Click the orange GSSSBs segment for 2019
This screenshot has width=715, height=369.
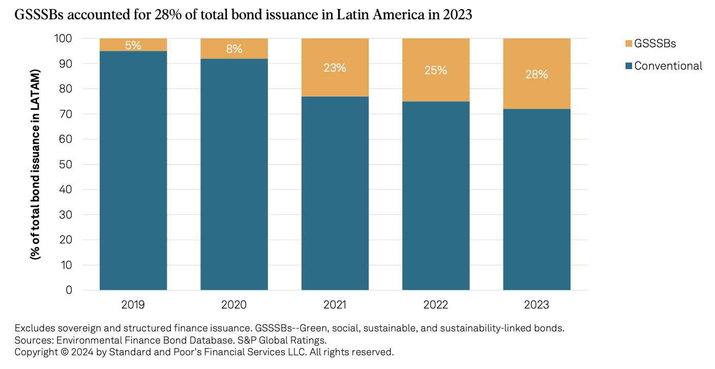pos(133,45)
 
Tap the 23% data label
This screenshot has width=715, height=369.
pos(335,68)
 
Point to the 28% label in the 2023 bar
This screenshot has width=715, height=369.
pos(537,74)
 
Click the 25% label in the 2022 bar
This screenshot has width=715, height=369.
pos(436,70)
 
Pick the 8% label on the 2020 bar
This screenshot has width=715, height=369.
pos(234,49)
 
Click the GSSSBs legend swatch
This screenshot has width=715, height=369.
pos(629,44)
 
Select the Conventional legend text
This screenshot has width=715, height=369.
pos(668,66)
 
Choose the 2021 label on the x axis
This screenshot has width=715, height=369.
pos(335,305)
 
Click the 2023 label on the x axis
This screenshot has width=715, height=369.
pos(537,305)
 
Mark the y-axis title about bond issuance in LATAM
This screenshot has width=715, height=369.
pos(36,165)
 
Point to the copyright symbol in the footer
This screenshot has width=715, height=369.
pos(64,352)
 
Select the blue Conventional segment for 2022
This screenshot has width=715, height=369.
pos(436,196)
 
